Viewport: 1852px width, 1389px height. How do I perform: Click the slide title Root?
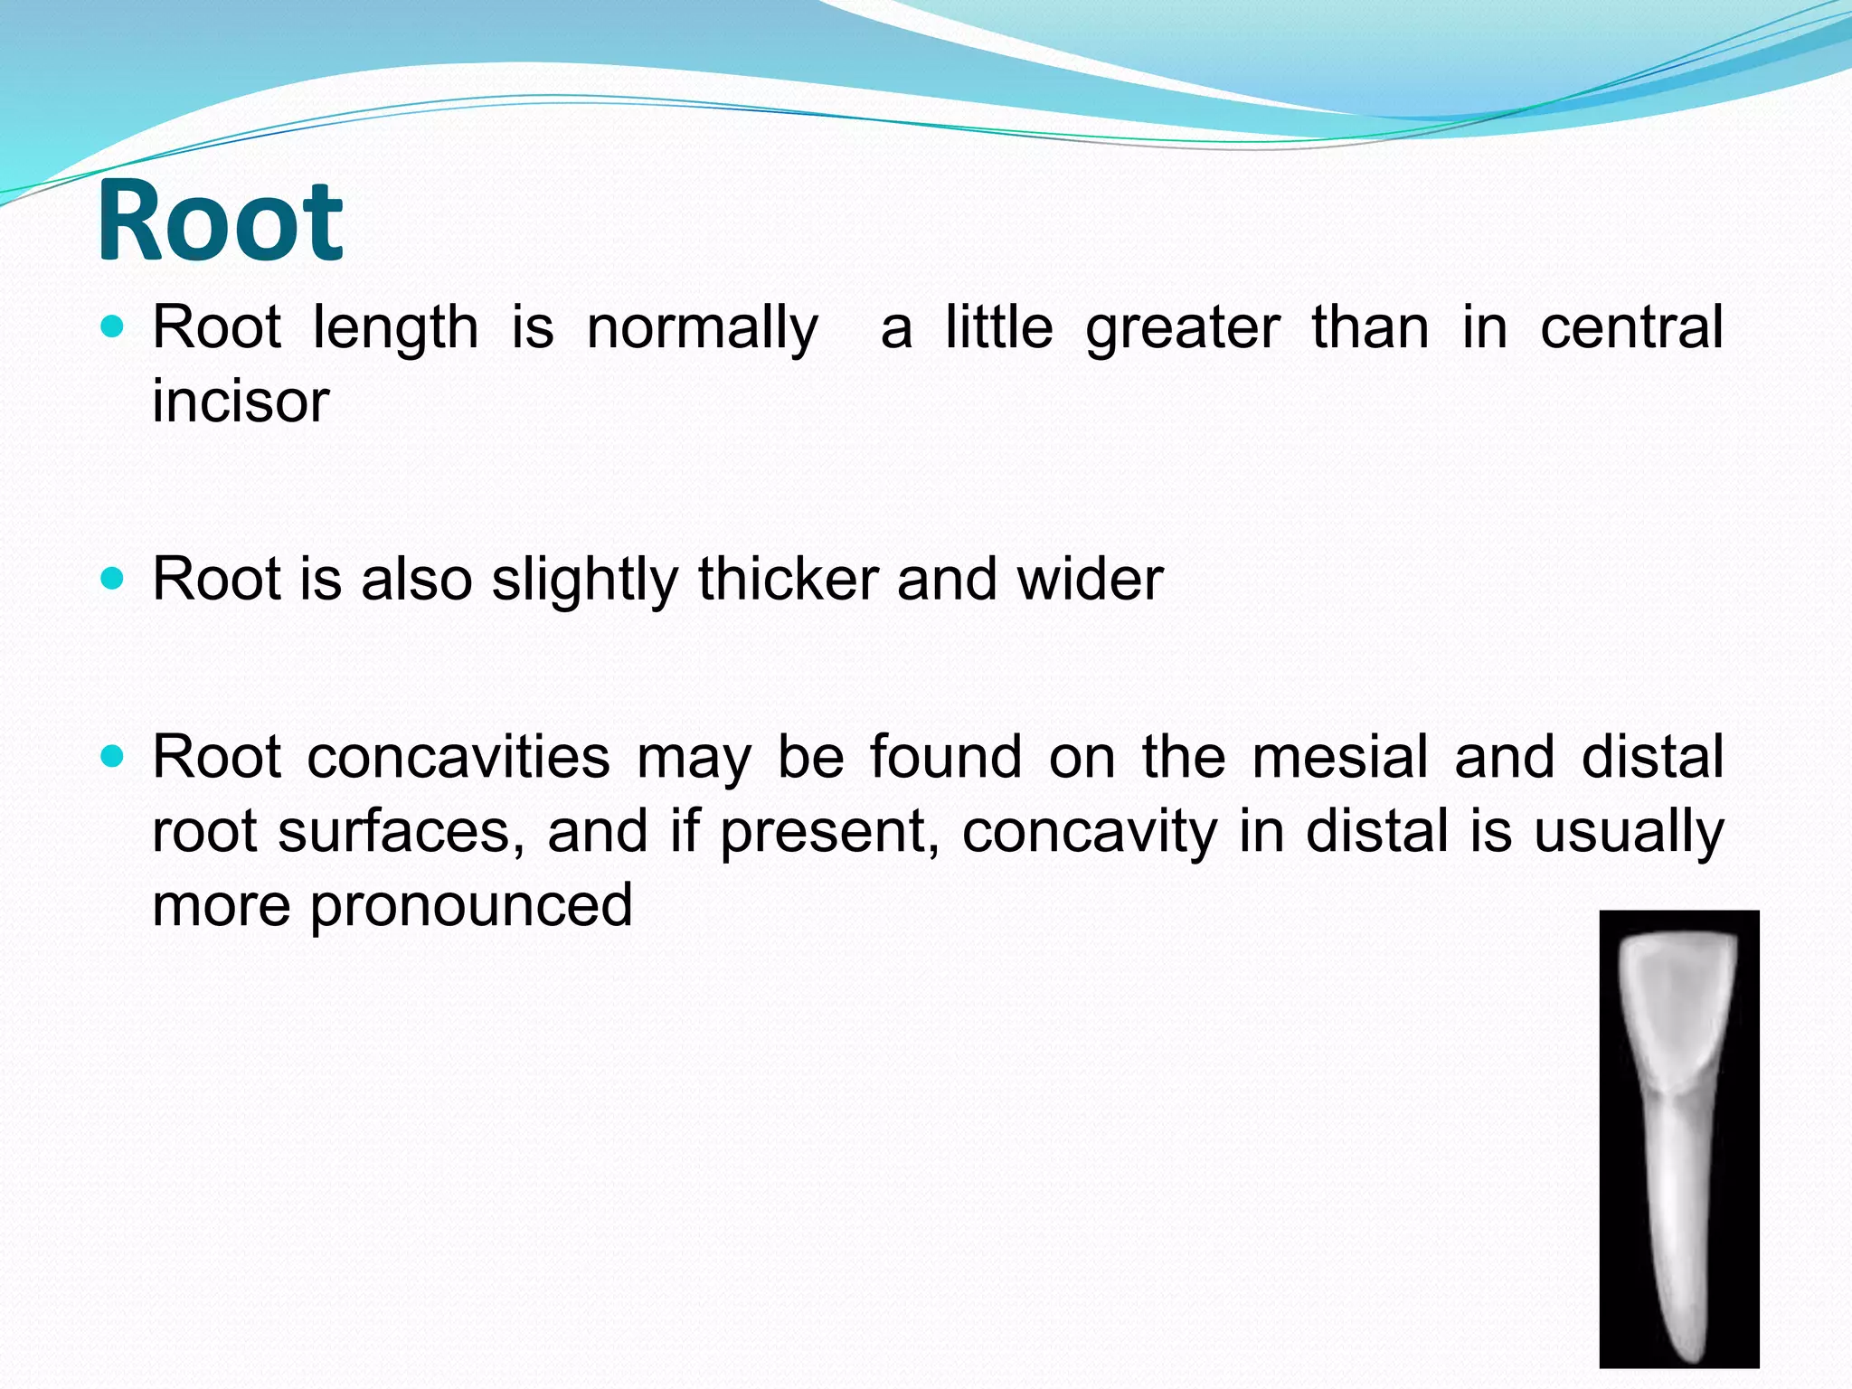click(220, 222)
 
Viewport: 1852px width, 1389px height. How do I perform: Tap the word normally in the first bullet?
click(703, 327)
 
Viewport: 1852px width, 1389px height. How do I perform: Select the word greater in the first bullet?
click(1183, 327)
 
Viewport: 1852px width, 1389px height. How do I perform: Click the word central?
click(1631, 327)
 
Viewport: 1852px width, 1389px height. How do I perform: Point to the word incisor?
click(240, 401)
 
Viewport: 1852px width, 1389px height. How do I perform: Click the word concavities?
click(458, 757)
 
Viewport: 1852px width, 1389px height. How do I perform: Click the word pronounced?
click(471, 905)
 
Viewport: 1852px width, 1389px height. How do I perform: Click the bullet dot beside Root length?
click(112, 327)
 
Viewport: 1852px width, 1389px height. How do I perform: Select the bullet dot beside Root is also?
click(112, 579)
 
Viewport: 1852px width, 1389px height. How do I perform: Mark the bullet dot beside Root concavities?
click(112, 757)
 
